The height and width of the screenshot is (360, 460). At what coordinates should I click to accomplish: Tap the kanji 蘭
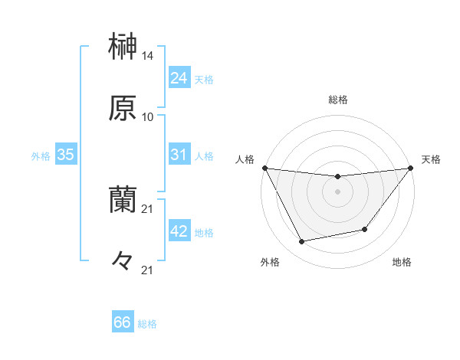pos(123,200)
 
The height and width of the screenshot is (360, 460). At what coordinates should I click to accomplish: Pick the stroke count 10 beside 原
pos(148,117)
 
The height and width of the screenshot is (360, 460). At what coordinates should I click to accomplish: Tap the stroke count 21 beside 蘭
pos(148,208)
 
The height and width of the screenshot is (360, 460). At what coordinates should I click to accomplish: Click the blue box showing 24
pos(179,77)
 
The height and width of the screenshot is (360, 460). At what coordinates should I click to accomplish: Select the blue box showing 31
pos(179,155)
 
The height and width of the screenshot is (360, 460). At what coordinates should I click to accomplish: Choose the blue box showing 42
pos(179,231)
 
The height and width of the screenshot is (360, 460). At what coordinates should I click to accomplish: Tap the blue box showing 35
pos(65,155)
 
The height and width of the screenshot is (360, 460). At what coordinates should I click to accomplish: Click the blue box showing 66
pos(123,322)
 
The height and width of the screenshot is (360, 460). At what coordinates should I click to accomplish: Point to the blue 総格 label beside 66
pos(147,324)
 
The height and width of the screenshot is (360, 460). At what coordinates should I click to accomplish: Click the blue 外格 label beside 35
pos(41,156)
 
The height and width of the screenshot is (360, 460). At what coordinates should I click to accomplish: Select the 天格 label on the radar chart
pos(432,159)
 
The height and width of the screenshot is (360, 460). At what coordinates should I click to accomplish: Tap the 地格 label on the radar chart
pos(402,262)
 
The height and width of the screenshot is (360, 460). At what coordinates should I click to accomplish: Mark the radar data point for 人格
pos(264,168)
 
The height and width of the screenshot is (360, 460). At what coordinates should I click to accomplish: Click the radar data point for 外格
pos(302,242)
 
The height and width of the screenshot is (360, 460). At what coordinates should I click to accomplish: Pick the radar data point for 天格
pos(410,168)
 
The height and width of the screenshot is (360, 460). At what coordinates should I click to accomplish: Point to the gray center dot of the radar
pos(337,191)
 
